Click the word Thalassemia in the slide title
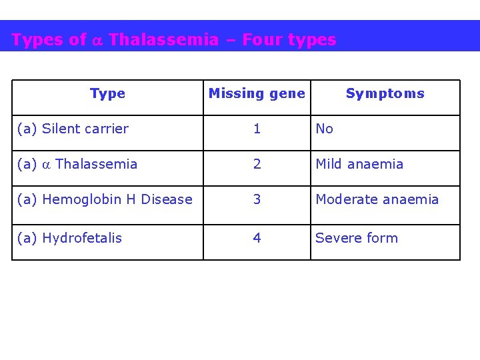point(163,40)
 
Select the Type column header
point(107,94)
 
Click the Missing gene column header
point(257,94)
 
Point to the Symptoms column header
point(385,94)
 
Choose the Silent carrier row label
point(73,129)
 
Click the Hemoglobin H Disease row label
point(105,199)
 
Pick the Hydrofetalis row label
point(69,238)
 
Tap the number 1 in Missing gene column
point(257,129)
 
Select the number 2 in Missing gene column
point(257,164)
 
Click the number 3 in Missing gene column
point(257,199)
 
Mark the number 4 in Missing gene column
point(257,238)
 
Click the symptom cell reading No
point(324,129)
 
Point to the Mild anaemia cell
point(359,164)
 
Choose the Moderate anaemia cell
point(377,199)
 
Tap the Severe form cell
point(356,238)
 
